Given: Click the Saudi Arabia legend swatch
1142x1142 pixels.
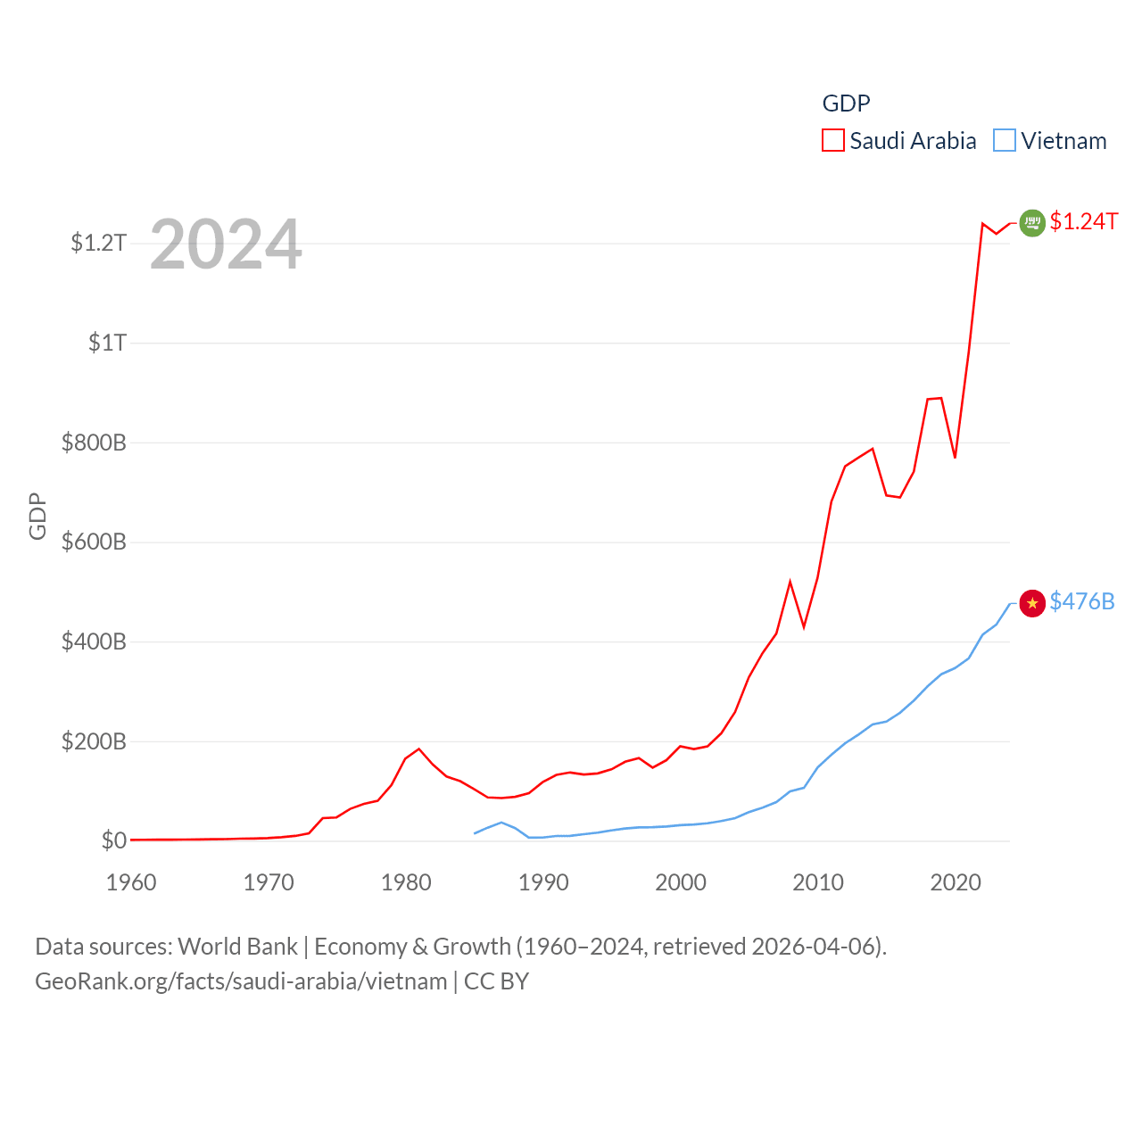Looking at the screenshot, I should click(832, 141).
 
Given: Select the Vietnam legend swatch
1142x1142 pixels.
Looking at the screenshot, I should click(1005, 141).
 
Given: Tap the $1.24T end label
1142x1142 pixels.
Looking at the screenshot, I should click(1083, 221).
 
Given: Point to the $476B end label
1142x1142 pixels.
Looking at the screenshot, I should click(1081, 601).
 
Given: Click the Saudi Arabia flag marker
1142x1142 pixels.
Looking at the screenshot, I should click(1032, 223).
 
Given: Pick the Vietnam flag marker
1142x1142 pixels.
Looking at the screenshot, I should click(1032, 604).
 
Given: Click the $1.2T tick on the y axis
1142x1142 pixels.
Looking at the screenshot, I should click(98, 243).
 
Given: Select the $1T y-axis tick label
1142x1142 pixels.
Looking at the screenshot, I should click(107, 343).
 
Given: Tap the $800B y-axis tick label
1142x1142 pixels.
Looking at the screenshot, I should click(94, 443).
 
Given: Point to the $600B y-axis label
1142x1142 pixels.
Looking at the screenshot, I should click(94, 542).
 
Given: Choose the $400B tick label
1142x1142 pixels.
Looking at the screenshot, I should click(94, 641).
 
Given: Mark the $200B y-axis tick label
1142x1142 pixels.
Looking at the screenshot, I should click(94, 741).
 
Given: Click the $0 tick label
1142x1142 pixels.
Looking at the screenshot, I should click(113, 840).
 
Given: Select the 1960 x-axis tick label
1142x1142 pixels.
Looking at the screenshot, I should click(131, 882).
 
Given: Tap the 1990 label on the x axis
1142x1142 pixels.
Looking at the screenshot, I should click(543, 882).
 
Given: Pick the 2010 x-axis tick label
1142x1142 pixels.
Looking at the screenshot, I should click(818, 882).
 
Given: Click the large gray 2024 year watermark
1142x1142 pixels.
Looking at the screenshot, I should click(226, 244).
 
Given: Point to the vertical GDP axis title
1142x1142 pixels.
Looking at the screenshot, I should click(37, 516).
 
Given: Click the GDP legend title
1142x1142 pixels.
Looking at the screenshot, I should click(846, 103).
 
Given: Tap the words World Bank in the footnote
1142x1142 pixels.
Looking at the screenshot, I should click(237, 946).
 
